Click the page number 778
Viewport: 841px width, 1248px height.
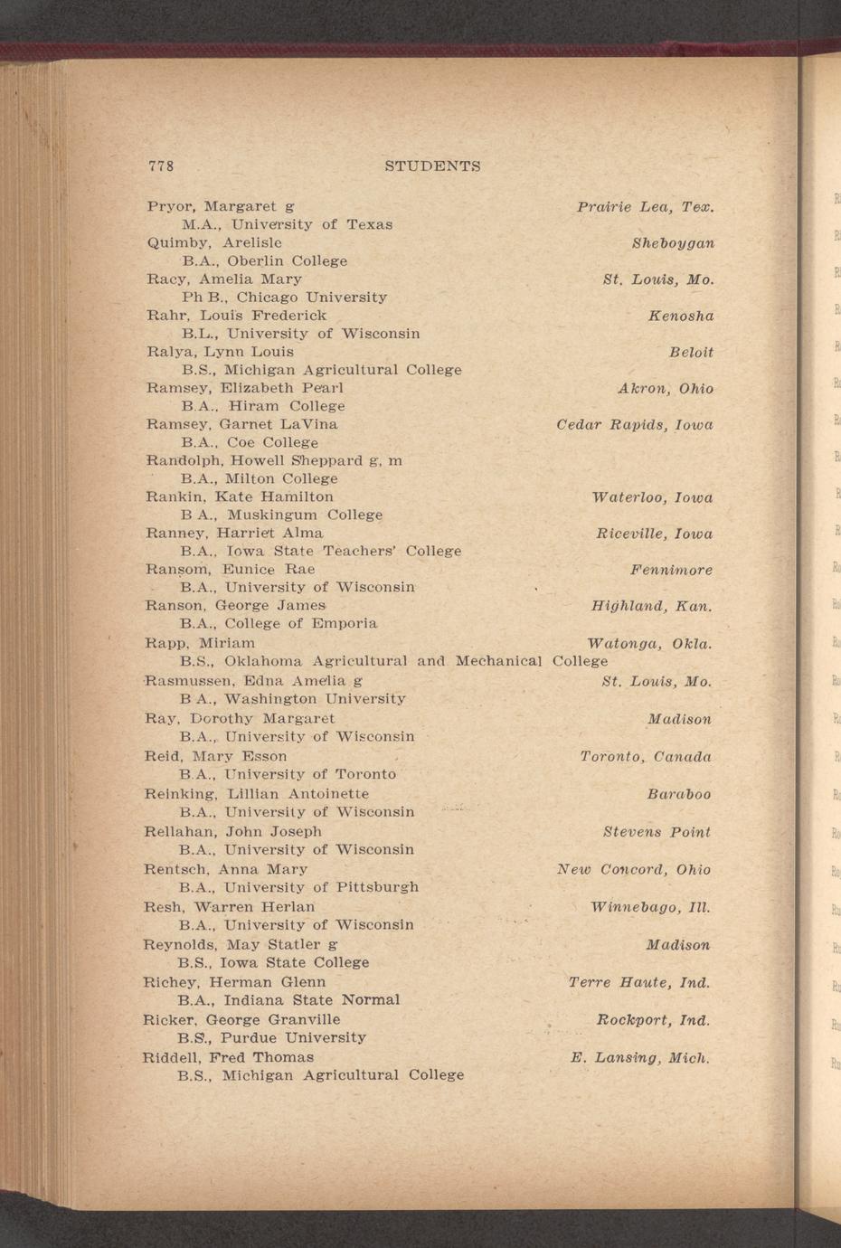[160, 166]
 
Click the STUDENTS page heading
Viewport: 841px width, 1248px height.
[432, 166]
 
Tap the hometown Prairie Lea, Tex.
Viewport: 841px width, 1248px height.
[646, 207]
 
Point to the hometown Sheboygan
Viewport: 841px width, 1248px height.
[673, 243]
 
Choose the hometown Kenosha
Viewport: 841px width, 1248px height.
[681, 316]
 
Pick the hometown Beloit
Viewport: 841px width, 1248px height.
[691, 352]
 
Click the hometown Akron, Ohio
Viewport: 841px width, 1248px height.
[666, 389]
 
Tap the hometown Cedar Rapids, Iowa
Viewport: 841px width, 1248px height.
[635, 424]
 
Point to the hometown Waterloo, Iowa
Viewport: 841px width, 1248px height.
[651, 497]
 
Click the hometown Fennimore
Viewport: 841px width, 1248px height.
[671, 570]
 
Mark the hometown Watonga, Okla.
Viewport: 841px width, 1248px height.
[649, 644]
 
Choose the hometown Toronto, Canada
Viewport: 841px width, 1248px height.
[646, 756]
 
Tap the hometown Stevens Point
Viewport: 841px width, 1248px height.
[657, 831]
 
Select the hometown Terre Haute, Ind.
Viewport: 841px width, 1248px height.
[639, 982]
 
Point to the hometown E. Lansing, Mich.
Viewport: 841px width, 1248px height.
[640, 1057]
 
